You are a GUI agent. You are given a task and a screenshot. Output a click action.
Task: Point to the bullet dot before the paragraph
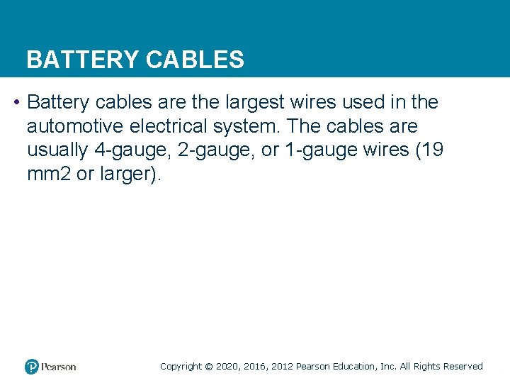(16, 103)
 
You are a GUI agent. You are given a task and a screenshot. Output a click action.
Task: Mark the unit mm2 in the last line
(50, 174)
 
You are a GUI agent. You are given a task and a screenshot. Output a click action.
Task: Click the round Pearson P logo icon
(32, 367)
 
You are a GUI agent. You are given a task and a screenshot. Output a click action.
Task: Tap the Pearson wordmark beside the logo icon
(59, 367)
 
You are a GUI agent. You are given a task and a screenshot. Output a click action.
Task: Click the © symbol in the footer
(208, 367)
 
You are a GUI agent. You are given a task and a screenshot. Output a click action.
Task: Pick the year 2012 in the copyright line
(281, 367)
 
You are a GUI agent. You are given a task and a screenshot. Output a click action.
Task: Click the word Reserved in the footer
(463, 367)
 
